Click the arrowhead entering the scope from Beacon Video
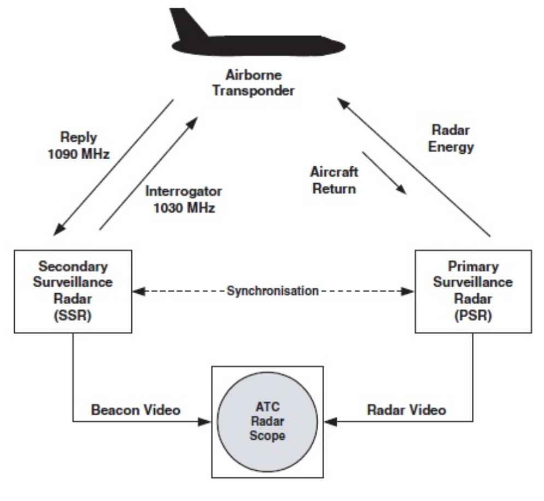pyautogui.click(x=205, y=422)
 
